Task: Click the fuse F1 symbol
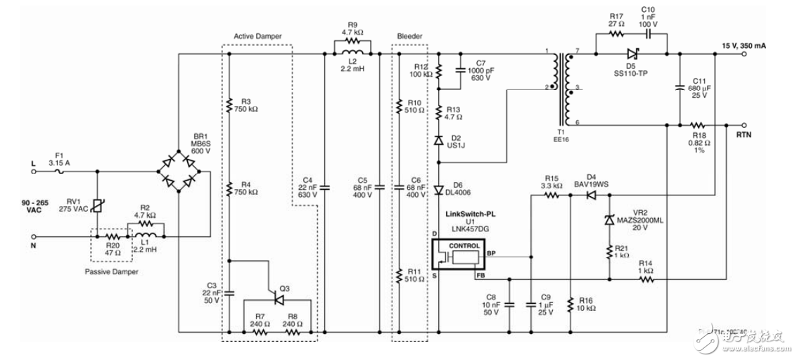pos(59,172)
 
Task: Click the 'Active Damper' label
pos(257,35)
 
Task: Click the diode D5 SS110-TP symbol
pos(630,53)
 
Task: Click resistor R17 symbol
pos(616,32)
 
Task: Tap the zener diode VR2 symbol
pos(608,220)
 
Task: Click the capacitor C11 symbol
pos(679,89)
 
